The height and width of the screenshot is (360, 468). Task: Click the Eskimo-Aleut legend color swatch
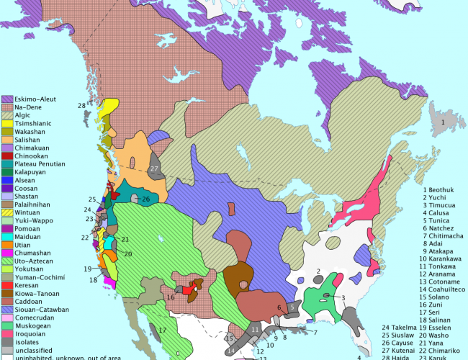click(7, 99)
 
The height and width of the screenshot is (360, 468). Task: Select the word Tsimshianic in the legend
click(33, 124)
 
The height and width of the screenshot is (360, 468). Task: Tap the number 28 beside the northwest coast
click(82, 107)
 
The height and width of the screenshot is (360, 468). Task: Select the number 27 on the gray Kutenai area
click(154, 168)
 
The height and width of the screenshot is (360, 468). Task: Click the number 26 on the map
click(145, 199)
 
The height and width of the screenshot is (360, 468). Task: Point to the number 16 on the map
click(171, 297)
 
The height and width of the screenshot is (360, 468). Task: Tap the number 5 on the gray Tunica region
click(294, 305)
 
